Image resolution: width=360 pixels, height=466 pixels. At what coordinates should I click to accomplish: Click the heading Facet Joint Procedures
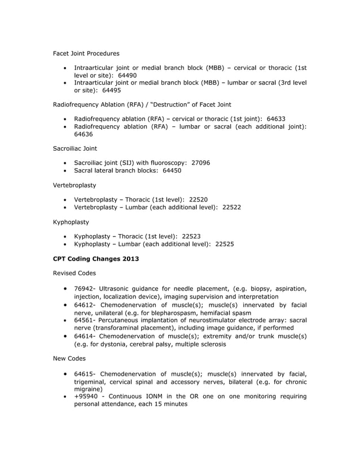pos(86,54)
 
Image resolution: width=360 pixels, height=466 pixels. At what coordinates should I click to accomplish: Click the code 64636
pos(84,134)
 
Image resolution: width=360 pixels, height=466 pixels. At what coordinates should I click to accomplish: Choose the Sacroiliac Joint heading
pos(74,148)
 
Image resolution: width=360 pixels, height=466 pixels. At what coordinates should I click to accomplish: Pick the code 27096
pos(201,162)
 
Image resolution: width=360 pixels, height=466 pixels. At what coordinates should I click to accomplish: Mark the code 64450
pos(172,170)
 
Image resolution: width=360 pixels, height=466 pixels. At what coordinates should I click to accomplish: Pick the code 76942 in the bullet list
pos(84,288)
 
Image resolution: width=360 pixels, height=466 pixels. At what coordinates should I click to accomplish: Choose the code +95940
pos(86,397)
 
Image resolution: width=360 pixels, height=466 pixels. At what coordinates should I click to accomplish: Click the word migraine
pos(88,389)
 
